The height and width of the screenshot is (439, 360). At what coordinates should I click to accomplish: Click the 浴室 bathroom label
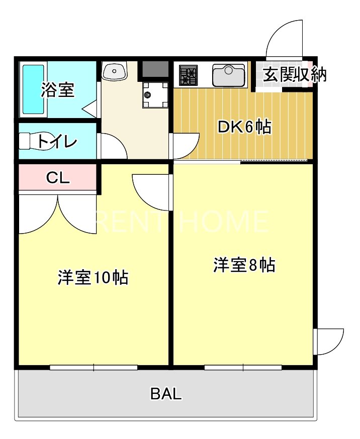(57, 90)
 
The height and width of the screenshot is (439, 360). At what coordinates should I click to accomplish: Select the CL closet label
(57, 177)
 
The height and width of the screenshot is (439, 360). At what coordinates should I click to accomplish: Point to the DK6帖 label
(244, 127)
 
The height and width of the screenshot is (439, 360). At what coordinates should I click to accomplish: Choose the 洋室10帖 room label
(93, 277)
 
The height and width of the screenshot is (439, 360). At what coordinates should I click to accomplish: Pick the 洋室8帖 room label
(244, 265)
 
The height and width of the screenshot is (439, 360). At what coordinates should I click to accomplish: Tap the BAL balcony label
(166, 394)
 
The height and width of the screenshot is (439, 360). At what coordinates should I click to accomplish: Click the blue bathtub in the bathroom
(33, 89)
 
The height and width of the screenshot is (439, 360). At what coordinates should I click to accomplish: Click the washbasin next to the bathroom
(114, 71)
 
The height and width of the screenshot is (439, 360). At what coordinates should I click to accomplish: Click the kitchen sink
(229, 75)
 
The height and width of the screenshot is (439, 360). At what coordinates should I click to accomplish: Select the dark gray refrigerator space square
(154, 68)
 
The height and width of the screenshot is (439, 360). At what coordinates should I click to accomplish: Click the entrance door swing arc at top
(284, 38)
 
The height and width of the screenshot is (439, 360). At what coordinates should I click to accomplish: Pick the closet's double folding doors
(58, 213)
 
